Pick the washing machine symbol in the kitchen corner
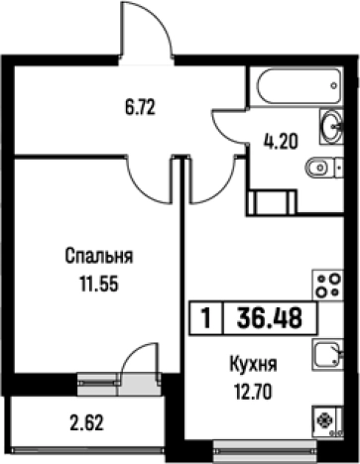click(x=325, y=421)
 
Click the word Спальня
click(x=98, y=257)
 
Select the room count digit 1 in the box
click(x=204, y=320)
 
